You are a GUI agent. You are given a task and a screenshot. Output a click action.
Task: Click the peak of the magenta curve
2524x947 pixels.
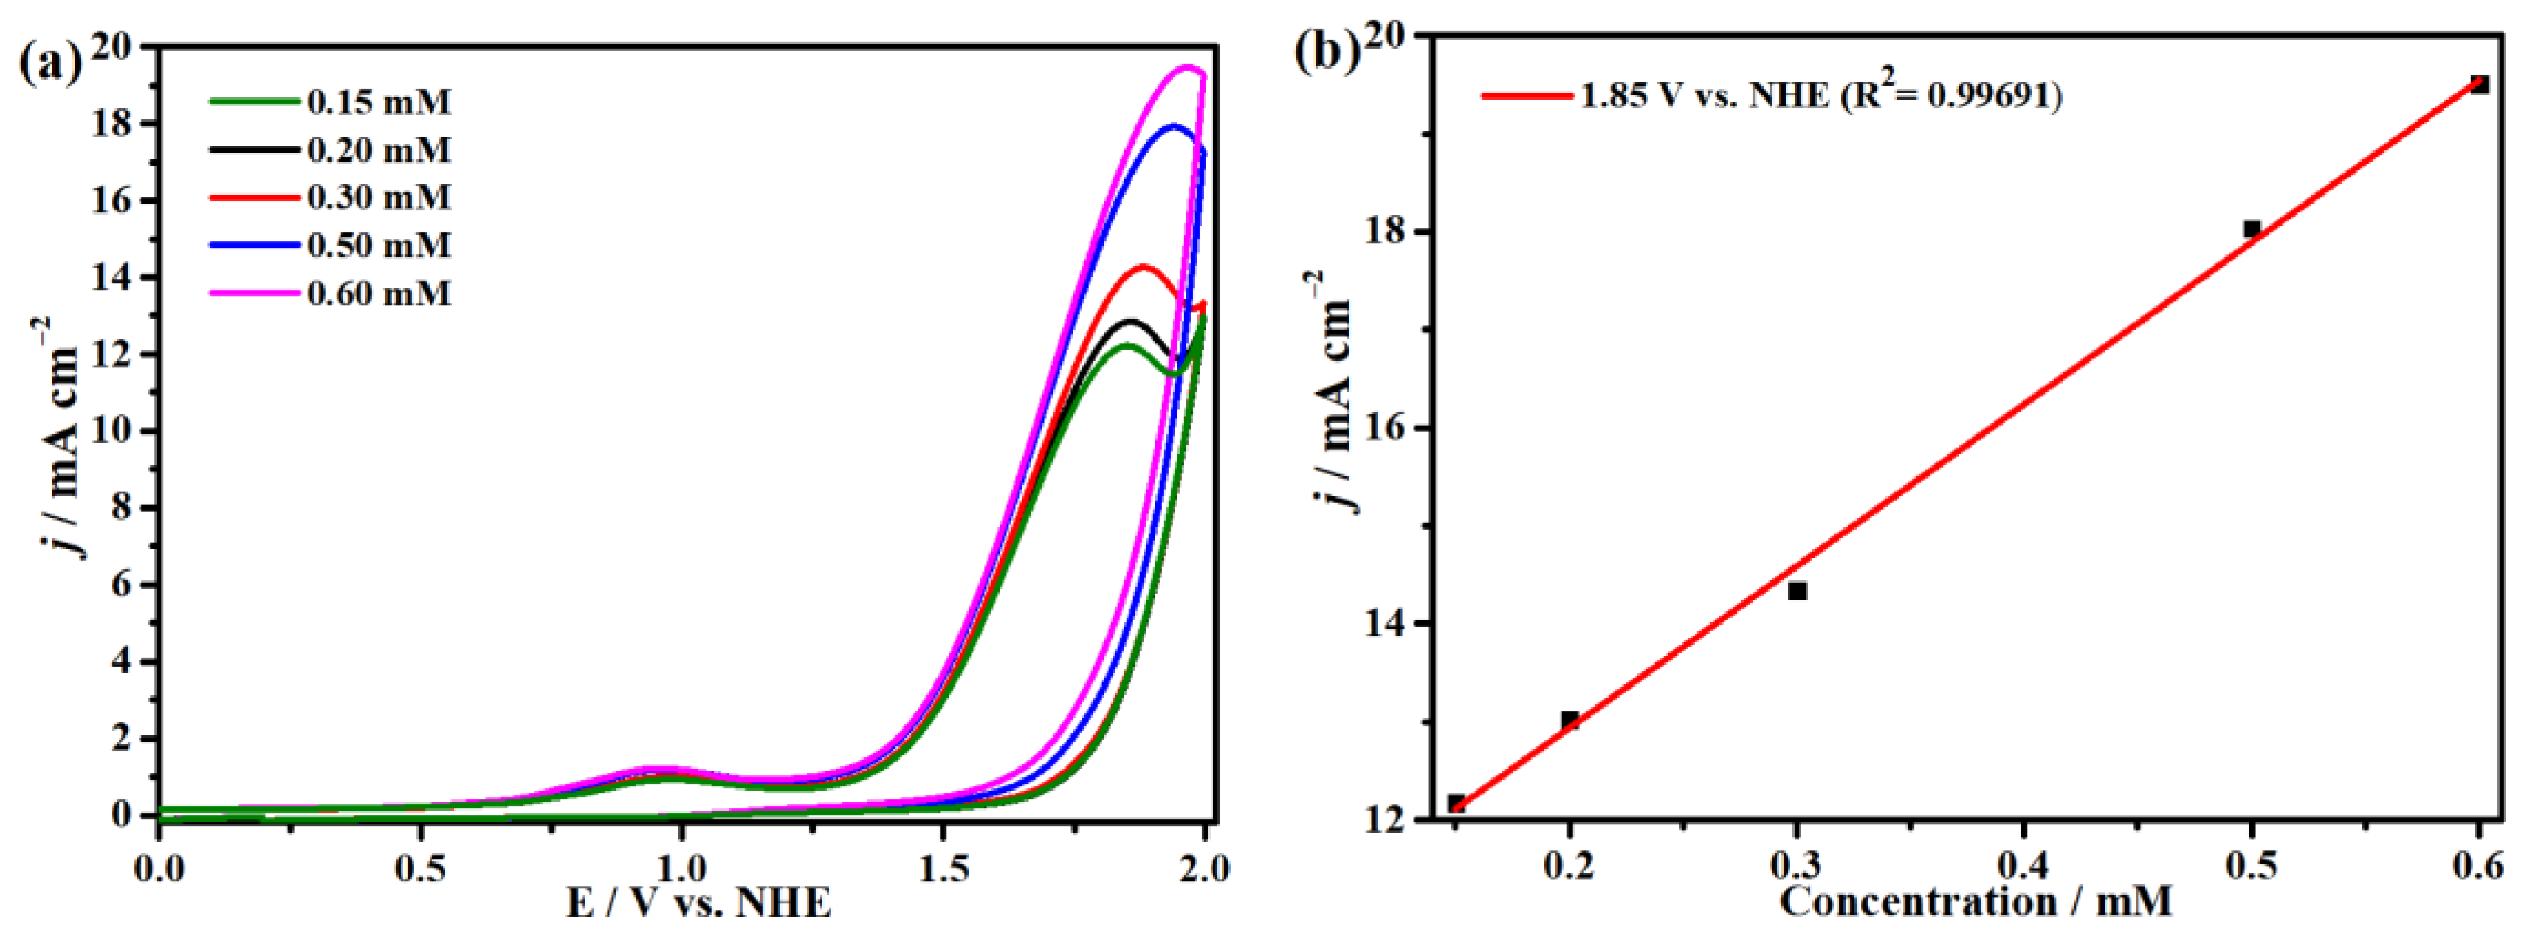(1188, 68)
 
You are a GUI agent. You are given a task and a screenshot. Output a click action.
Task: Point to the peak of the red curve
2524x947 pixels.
(1141, 266)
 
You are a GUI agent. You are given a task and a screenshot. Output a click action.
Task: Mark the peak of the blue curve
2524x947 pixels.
(1173, 125)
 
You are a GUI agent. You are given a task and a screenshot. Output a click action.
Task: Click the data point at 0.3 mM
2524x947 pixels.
(1797, 591)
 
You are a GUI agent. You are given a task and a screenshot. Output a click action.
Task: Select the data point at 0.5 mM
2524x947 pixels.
(2252, 229)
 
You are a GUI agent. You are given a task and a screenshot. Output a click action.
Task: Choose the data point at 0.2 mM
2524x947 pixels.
(1569, 720)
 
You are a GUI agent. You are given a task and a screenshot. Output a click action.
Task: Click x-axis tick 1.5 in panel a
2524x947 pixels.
(943, 867)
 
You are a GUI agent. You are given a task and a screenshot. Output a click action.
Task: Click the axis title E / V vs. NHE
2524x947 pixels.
(698, 902)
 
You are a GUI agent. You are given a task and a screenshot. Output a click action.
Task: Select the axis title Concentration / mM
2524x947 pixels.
(1975, 901)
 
